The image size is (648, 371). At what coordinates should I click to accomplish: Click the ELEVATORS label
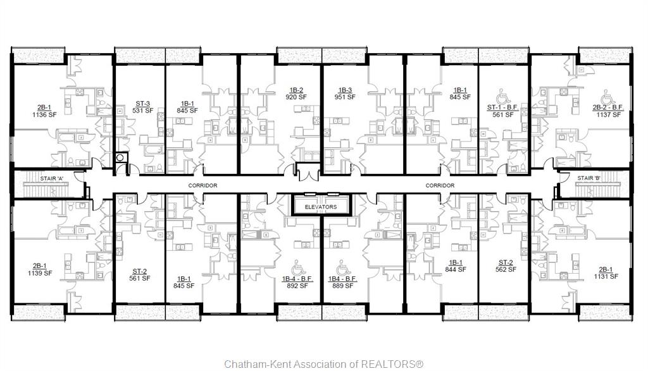click(x=321, y=207)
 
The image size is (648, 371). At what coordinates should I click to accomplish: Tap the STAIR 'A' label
click(x=52, y=179)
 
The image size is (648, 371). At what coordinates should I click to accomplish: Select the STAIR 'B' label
click(x=589, y=178)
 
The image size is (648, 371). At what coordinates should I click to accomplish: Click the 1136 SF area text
click(x=44, y=115)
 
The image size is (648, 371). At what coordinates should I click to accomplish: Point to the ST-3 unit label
click(x=142, y=104)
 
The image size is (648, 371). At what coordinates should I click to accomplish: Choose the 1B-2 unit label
click(x=296, y=90)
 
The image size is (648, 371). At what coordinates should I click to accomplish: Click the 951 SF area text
click(x=345, y=97)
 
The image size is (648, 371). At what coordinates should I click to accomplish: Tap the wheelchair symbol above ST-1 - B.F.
click(x=502, y=97)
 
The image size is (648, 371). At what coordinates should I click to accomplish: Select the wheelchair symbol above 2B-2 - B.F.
click(x=607, y=97)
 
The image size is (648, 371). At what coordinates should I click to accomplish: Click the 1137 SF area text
click(x=608, y=115)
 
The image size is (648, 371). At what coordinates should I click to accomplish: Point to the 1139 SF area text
click(x=40, y=273)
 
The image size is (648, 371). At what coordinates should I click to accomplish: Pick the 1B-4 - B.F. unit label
click(x=297, y=279)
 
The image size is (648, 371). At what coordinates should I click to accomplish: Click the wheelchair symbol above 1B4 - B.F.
click(x=342, y=268)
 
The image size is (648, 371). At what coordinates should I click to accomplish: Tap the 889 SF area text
click(x=342, y=286)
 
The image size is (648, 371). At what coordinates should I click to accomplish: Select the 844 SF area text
click(x=456, y=269)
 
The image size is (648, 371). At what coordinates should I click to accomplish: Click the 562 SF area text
click(x=506, y=269)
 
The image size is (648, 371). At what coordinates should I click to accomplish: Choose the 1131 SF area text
click(x=606, y=276)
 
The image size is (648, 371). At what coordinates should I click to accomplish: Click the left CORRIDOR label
click(x=202, y=186)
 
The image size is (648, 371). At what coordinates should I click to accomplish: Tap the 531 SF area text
click(x=142, y=111)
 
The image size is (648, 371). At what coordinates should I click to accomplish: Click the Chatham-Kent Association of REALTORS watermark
click(x=323, y=364)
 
